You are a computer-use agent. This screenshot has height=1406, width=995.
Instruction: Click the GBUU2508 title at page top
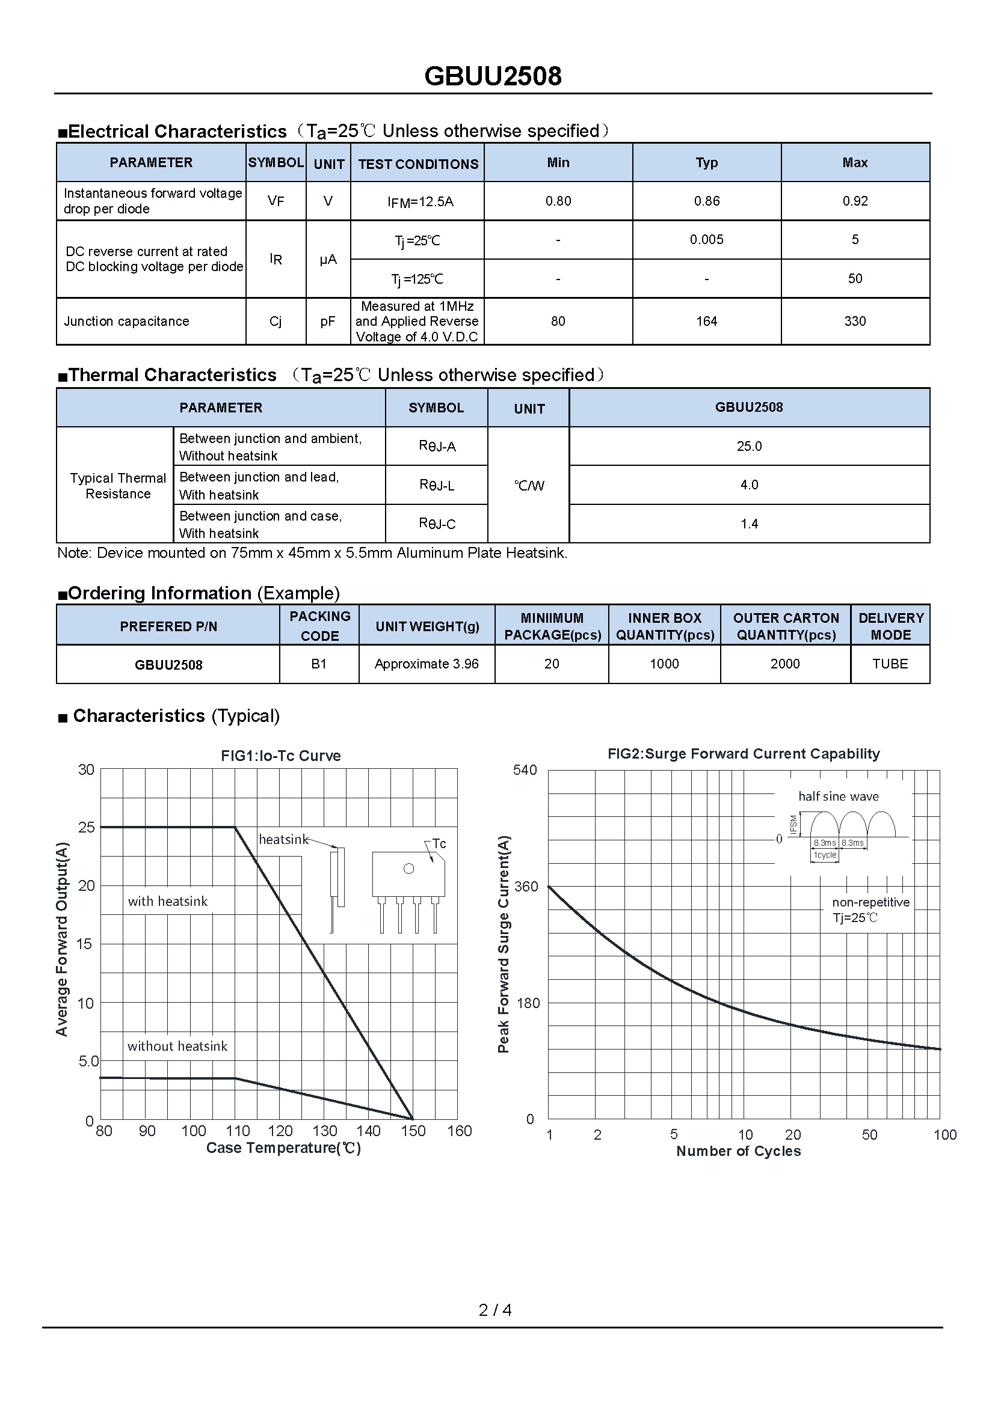493,76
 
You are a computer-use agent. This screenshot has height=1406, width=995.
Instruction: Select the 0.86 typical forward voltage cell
706,201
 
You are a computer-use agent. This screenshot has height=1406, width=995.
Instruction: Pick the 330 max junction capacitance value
855,321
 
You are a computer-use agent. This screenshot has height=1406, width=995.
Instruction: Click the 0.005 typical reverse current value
706,239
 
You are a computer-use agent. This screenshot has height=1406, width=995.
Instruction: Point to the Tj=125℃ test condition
417,280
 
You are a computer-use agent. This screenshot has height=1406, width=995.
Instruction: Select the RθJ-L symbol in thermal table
436,485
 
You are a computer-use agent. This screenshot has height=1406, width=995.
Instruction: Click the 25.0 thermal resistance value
749,446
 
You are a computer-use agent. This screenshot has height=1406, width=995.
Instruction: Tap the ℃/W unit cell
529,486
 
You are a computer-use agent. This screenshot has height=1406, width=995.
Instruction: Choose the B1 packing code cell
319,664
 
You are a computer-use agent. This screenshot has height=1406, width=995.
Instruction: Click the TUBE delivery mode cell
890,664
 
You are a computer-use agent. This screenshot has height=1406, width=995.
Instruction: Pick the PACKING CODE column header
319,625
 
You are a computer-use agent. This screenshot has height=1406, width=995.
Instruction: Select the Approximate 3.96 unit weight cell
427,664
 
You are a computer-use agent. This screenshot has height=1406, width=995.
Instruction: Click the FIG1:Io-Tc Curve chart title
280,756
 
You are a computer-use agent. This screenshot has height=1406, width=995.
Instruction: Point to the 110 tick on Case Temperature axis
238,1131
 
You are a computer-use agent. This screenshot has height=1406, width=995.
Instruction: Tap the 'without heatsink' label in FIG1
177,1046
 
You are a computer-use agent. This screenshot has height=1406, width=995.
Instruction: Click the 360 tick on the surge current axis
525,886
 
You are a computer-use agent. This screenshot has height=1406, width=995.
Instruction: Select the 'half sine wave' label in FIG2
838,796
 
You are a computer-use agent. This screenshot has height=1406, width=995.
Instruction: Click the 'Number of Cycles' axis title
738,1151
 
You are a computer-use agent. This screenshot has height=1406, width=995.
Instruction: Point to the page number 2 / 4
495,1310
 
